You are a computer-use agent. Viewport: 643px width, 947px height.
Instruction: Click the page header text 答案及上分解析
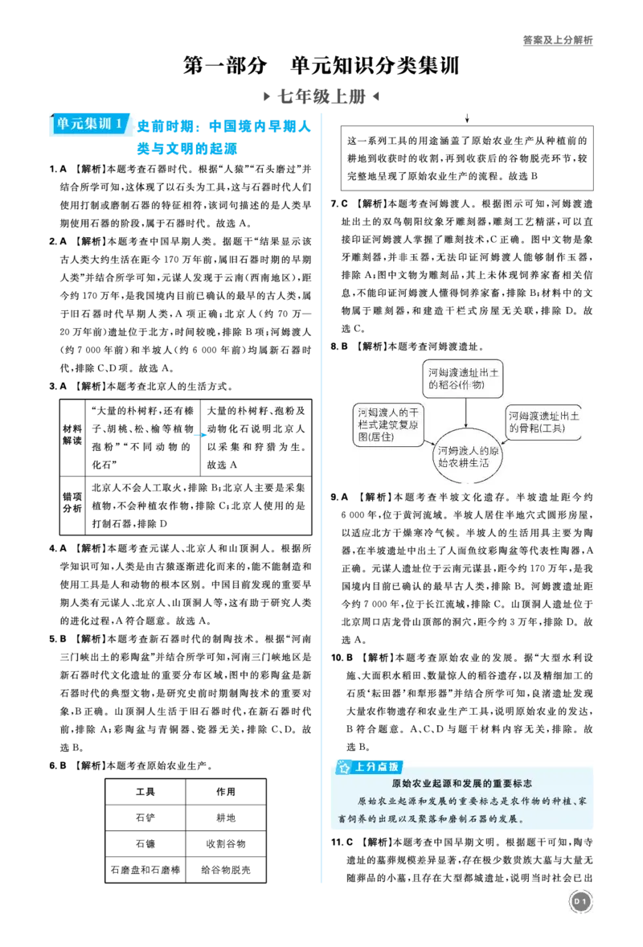click(x=557, y=40)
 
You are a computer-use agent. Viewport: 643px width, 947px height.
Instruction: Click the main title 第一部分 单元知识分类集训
click(x=321, y=65)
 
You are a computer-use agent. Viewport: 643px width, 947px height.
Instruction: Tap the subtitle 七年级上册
click(x=321, y=96)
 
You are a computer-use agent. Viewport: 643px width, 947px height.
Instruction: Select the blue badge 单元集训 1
click(x=90, y=124)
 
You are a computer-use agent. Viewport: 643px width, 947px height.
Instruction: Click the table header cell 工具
click(x=145, y=792)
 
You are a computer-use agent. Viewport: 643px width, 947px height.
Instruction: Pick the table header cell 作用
click(x=226, y=792)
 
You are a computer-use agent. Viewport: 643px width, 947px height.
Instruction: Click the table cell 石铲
click(x=145, y=818)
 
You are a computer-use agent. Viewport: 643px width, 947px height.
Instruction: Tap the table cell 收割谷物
click(x=226, y=844)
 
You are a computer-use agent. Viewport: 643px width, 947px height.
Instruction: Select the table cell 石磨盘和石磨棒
click(x=145, y=870)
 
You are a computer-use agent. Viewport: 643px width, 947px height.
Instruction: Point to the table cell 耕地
click(x=226, y=818)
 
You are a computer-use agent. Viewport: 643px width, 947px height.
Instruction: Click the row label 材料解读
click(x=72, y=435)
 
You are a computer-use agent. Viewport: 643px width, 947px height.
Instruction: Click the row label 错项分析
click(x=72, y=503)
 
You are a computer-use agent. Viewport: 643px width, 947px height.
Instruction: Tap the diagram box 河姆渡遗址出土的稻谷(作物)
click(x=463, y=379)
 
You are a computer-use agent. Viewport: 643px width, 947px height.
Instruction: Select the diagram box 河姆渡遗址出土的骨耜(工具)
click(x=543, y=422)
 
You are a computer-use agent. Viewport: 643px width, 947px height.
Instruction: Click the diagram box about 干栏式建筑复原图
click(x=388, y=424)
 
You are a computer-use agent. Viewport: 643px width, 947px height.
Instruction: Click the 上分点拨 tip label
click(x=370, y=767)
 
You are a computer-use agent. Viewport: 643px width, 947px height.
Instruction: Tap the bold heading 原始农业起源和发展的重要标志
click(x=462, y=783)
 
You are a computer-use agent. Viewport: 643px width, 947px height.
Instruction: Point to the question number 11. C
click(x=342, y=842)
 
